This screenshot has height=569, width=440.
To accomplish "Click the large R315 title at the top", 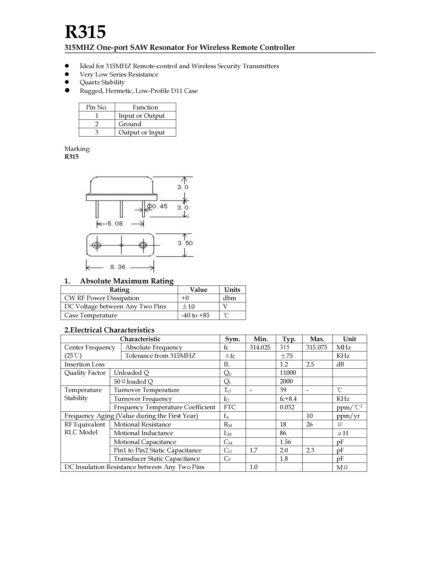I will coord(85,32).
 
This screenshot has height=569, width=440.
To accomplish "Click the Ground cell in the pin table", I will coord(130,124).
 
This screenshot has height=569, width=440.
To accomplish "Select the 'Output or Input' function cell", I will coord(141,132).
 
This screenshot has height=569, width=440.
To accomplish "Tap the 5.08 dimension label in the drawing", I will coord(115,224).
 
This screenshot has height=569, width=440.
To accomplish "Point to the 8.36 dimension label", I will coord(118,267).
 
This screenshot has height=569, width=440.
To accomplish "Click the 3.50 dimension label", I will coord(185,243).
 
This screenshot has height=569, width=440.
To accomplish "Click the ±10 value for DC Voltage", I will coord(188,307).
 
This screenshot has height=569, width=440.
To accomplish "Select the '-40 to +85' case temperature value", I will coord(195,315).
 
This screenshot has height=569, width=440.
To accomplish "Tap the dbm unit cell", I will coord(229,298).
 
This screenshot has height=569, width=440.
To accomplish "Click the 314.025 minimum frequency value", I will coord(260,347).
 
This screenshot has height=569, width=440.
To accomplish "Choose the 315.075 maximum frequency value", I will coord(317,347).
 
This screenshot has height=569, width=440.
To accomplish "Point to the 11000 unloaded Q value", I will coord(288,373).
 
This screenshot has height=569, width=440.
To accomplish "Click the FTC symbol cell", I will coord(230,407).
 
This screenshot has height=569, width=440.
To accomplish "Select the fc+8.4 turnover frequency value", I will coord(288,399).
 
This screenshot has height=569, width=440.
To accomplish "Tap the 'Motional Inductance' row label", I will coord(143,433).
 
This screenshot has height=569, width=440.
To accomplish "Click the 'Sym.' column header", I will coord(232,339).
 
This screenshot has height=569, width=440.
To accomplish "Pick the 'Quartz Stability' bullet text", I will coord(102,82).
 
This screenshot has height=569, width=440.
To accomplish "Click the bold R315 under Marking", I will coord(71,157).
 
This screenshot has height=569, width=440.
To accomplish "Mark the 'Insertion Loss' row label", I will coord(84,364).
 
